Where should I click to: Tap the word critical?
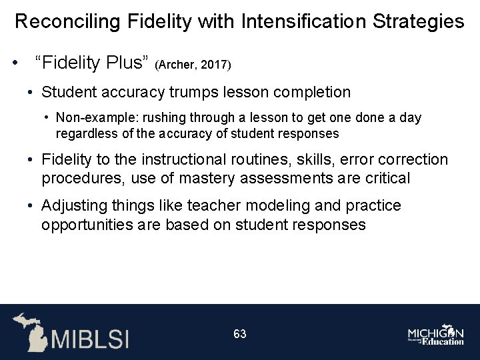pyautogui.click(x=385, y=179)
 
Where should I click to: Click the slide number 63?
pyautogui.click(x=240, y=333)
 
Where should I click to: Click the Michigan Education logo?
pyautogui.click(x=436, y=335)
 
